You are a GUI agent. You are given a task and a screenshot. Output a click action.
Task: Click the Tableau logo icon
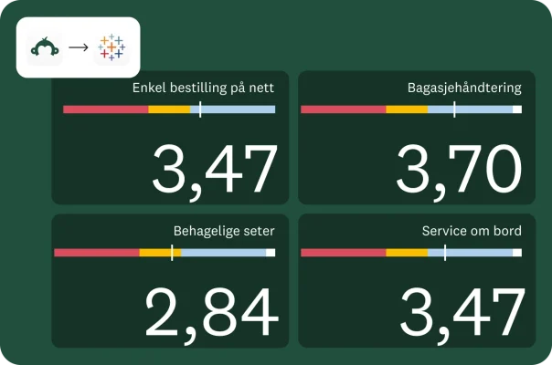[112, 47]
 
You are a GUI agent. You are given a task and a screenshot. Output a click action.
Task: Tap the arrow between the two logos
[79, 47]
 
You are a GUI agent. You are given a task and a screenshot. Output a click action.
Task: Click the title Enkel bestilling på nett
[203, 89]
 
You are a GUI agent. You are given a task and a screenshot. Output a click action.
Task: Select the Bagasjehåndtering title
[464, 89]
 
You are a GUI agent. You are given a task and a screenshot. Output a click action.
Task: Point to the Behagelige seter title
[224, 231]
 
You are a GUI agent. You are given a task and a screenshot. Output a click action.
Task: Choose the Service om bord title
[472, 231]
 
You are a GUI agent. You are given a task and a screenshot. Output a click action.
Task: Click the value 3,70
[459, 171]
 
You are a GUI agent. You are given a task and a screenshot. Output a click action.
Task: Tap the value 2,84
[211, 313]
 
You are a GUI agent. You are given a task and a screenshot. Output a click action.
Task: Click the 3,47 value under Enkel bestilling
[215, 171]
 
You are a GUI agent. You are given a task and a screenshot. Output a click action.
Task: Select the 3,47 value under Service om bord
[462, 313]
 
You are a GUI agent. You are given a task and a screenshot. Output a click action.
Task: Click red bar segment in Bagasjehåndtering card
[343, 109]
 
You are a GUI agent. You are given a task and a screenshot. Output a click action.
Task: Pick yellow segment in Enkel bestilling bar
[169, 109]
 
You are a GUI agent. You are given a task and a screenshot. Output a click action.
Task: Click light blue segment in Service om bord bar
[480, 252]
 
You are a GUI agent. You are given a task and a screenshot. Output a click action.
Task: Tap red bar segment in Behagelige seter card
[96, 252]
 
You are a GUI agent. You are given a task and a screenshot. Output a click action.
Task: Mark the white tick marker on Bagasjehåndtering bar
[454, 109]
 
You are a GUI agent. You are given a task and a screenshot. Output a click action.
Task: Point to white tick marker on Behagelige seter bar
[172, 252]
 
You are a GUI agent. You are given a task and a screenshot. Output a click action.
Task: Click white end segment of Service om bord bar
[517, 252]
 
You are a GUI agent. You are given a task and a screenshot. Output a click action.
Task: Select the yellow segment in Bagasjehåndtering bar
[407, 109]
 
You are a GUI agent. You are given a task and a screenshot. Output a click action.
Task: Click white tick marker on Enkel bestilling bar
[199, 109]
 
